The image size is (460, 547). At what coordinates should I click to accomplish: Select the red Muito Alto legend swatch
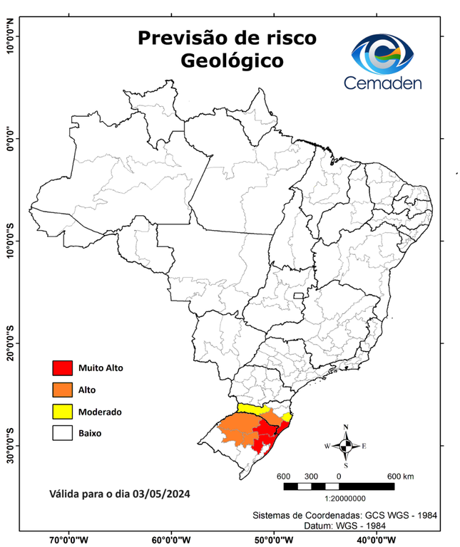coord(63,368)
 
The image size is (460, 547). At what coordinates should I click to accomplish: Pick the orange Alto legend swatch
coord(63,390)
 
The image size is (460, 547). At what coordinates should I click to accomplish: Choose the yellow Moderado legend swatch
coord(63,411)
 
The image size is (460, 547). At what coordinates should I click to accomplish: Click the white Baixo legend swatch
coord(63,432)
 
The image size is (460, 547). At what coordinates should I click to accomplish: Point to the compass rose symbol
coord(346,447)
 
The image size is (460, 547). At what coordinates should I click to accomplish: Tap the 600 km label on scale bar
coord(399,476)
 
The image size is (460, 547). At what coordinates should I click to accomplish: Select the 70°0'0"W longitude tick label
coord(69,540)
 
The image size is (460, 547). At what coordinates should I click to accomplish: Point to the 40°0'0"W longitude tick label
coord(377,540)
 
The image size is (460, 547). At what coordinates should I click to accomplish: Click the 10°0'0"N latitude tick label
coord(10,36)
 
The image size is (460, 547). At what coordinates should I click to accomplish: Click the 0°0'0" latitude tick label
coord(10,138)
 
